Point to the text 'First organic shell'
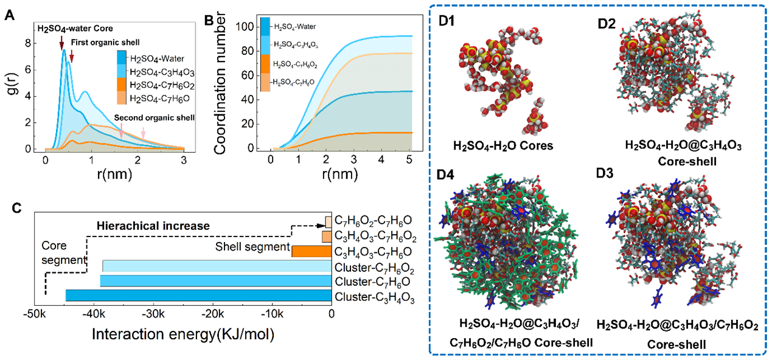(104, 42)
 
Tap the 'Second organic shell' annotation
(157, 118)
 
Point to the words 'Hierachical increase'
(153, 226)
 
